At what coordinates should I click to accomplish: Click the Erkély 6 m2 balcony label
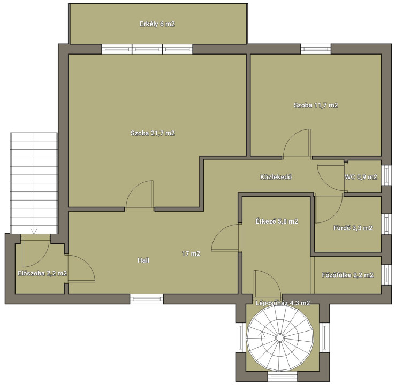(157, 24)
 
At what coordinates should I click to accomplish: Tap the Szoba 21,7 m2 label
(153, 133)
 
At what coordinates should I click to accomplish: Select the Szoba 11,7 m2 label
(316, 105)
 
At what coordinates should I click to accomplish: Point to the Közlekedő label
(276, 177)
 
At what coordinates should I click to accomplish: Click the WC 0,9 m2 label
(361, 177)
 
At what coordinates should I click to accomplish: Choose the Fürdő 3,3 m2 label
(353, 228)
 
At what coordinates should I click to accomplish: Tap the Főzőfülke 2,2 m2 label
(348, 275)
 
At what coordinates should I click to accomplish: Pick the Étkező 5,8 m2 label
(277, 221)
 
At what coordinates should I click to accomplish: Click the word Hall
(143, 260)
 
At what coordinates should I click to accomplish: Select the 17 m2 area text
(191, 253)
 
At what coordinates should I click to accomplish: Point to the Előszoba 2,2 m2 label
(42, 273)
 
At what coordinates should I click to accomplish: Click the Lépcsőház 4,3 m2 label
(283, 303)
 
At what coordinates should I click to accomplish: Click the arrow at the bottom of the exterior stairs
(34, 231)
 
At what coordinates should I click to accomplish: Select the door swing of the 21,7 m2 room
(139, 194)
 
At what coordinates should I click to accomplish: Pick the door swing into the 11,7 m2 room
(297, 143)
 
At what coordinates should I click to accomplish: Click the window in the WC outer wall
(386, 175)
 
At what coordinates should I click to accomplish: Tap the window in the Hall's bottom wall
(147, 299)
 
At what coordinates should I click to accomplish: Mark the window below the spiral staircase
(283, 376)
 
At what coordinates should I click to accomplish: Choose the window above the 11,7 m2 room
(316, 49)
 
